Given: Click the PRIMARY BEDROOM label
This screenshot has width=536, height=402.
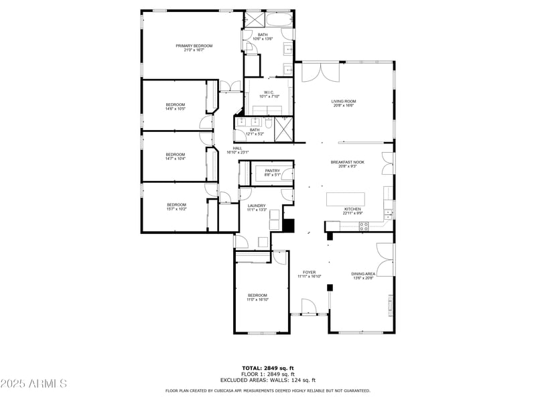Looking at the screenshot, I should (x=194, y=46).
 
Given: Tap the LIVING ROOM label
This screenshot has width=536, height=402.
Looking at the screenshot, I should (x=343, y=102).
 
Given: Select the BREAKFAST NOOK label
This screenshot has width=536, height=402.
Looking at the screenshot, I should (x=347, y=162).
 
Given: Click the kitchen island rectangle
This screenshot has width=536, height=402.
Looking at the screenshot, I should (x=346, y=200).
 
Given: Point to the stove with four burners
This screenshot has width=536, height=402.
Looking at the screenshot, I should (x=364, y=227).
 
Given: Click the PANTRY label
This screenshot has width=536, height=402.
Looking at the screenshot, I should (x=272, y=171).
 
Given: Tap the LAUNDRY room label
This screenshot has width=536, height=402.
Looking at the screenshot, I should (x=257, y=206).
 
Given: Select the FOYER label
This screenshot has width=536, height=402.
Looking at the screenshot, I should (x=309, y=272).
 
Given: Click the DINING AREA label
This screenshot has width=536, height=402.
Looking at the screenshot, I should (x=363, y=273).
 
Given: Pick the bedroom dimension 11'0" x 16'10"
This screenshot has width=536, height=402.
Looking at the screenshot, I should (x=257, y=299).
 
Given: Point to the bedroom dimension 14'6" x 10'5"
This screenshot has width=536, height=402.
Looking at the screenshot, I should (x=176, y=109).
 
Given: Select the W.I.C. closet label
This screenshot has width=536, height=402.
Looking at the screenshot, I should (x=268, y=92).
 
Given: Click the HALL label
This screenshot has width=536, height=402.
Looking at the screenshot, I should (x=237, y=148).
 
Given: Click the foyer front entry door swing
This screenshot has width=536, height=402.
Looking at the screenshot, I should (x=308, y=307).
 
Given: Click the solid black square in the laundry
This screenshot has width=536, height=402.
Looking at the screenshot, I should (x=289, y=225).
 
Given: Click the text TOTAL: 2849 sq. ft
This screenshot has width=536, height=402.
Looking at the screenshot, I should (x=268, y=368).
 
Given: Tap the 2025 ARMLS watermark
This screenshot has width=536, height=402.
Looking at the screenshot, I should (x=33, y=383).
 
